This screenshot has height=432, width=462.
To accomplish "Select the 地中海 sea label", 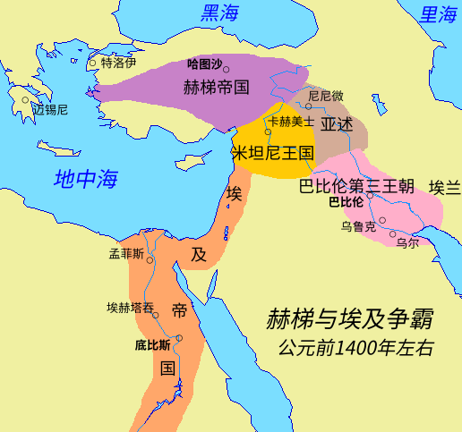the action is [86, 178].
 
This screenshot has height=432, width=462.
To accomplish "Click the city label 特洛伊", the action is [118, 63].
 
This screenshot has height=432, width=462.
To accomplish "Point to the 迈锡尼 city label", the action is [50, 110].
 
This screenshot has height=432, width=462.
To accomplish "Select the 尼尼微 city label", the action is [325, 95].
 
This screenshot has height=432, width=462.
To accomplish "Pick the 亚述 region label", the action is [338, 123].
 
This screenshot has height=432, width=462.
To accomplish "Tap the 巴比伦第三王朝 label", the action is [356, 187].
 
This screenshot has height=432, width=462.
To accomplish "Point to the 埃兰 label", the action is [444, 187].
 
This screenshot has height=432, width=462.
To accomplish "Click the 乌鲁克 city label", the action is [358, 226].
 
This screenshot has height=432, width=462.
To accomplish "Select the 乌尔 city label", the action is [406, 242].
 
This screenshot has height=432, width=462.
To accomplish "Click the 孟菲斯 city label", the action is [126, 253].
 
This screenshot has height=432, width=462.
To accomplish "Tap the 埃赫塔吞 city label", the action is [131, 308].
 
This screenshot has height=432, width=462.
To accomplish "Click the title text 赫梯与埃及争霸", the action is [355, 319].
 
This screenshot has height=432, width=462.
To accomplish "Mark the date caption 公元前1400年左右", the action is [355, 347].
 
